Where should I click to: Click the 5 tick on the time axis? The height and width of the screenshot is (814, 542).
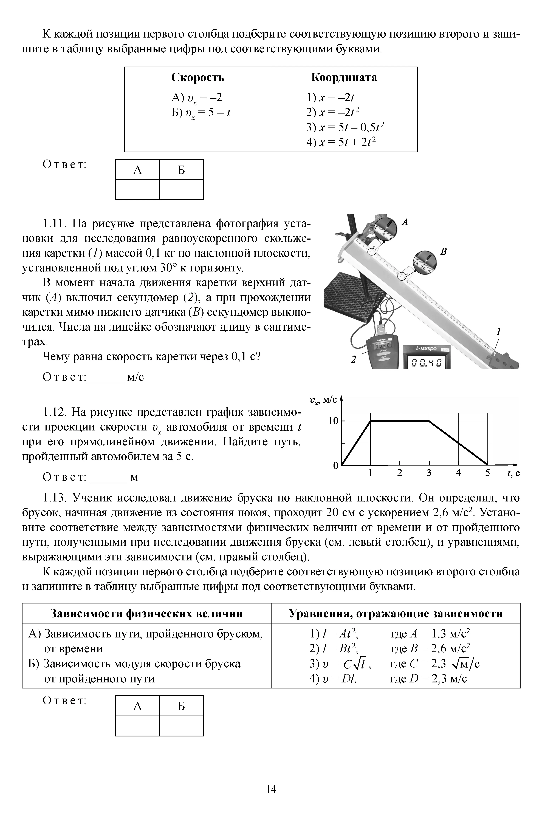pos(487,473)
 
